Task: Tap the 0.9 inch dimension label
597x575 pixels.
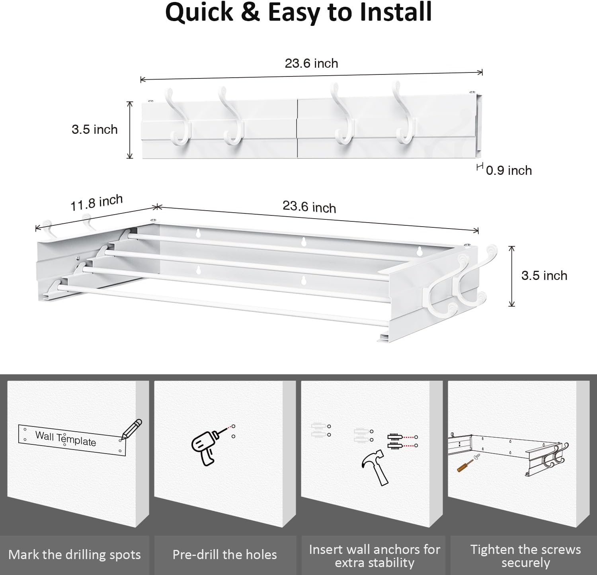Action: tap(509, 170)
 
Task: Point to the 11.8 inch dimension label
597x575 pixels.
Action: tap(97, 203)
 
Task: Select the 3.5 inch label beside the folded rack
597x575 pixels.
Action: tap(95, 129)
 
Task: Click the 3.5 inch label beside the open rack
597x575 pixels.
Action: tap(544, 276)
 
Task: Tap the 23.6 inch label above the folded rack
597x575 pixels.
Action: tap(311, 63)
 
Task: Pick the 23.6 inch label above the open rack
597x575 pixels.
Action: tap(309, 207)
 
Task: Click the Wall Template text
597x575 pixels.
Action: tap(66, 438)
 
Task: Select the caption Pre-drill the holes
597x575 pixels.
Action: tap(224, 555)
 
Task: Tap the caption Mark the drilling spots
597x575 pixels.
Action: tap(74, 555)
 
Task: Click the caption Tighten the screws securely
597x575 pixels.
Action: tap(525, 556)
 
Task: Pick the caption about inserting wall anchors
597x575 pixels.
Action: tap(375, 556)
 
